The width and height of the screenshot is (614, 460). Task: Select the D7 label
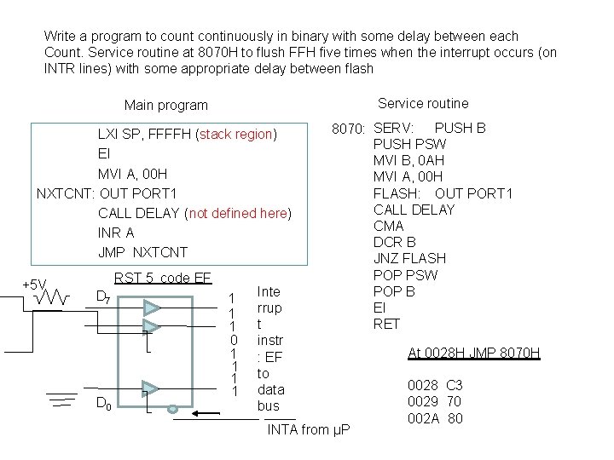click(x=101, y=296)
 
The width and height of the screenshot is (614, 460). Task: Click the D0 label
click(x=101, y=402)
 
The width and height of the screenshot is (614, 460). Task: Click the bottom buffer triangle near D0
click(x=152, y=389)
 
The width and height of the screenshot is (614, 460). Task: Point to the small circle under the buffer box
click(x=173, y=409)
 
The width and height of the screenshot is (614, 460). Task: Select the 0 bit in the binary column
click(x=234, y=342)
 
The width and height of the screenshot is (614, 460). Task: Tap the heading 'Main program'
click(x=165, y=106)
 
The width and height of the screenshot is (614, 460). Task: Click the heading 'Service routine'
click(x=423, y=103)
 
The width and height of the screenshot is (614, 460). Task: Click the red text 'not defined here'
click(x=237, y=213)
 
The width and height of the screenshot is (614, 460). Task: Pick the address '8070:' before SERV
click(x=348, y=129)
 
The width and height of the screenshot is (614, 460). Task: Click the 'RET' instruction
click(x=385, y=324)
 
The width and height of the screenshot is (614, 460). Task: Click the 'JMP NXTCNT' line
click(x=142, y=252)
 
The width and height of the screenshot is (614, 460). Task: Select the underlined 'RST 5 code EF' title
click(x=162, y=278)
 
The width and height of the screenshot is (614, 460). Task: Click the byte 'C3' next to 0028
click(x=454, y=385)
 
